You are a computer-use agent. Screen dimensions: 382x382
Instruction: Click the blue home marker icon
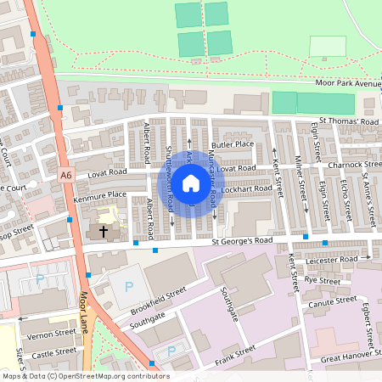(x=191, y=183)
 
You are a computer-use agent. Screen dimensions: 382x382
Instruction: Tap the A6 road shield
(x=66, y=175)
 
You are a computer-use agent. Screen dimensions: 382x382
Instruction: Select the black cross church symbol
(x=104, y=230)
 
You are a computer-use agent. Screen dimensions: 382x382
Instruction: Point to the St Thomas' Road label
(x=348, y=121)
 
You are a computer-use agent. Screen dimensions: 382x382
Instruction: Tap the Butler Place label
(x=233, y=144)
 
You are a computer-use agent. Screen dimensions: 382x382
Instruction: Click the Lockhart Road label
(x=250, y=188)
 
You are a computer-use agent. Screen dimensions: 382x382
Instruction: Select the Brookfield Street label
(x=158, y=300)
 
